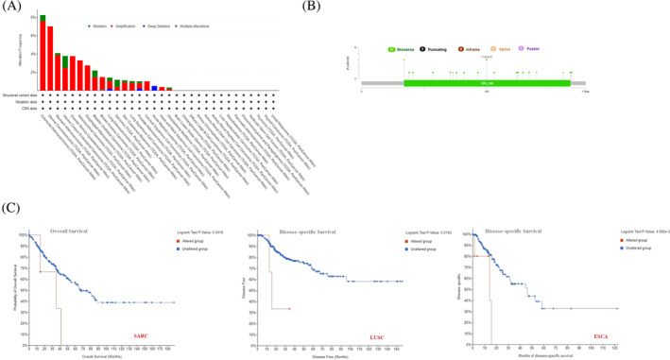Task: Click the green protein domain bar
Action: (x=487, y=83)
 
